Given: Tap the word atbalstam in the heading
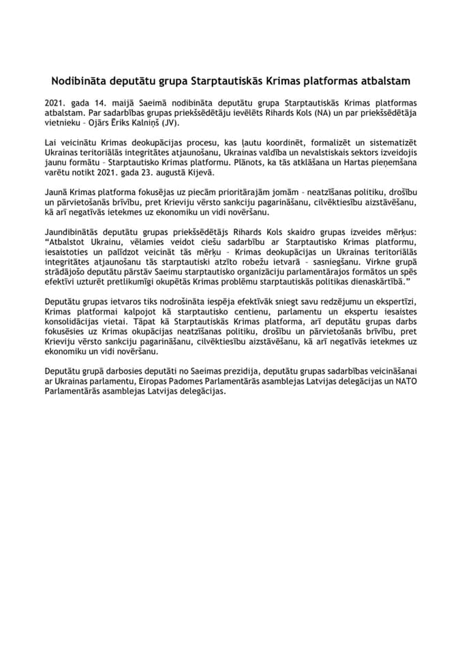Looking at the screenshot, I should (384, 80).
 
